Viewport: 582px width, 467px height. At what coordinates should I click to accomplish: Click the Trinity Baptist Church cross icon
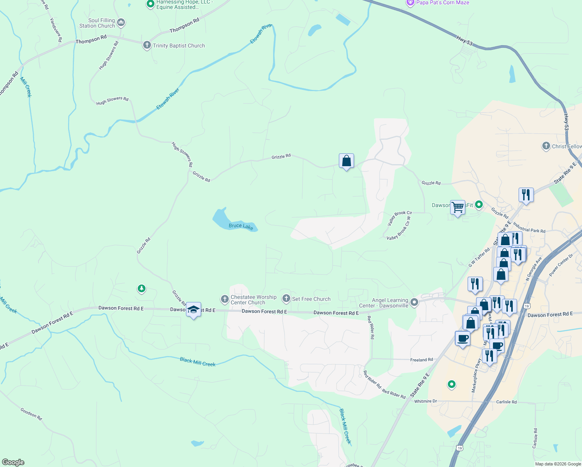click(147, 45)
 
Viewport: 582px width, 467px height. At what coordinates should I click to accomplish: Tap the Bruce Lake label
click(241, 226)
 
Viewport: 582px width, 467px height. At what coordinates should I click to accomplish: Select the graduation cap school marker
click(193, 310)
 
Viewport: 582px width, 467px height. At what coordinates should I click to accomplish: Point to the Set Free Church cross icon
click(286, 298)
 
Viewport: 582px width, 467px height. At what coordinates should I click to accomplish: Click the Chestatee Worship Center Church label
click(253, 300)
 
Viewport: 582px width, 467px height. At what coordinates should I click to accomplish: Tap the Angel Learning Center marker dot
click(414, 302)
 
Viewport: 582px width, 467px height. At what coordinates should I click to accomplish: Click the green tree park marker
click(142, 288)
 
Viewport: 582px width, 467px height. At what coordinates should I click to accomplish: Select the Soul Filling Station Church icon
click(121, 23)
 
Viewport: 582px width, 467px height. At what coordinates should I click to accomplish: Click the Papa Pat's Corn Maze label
click(443, 3)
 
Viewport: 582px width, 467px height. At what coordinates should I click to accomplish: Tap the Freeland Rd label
click(421, 360)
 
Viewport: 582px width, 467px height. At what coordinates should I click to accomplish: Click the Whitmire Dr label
click(425, 401)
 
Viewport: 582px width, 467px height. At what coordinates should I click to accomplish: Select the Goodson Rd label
click(31, 413)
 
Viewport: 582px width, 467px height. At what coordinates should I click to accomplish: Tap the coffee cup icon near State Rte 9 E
click(463, 338)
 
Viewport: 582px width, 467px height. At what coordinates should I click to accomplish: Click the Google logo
click(13, 462)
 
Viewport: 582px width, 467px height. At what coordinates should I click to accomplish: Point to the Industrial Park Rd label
click(529, 228)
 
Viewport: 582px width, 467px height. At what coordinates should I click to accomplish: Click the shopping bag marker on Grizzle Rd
click(346, 161)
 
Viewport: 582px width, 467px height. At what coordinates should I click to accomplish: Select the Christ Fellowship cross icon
click(546, 146)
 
